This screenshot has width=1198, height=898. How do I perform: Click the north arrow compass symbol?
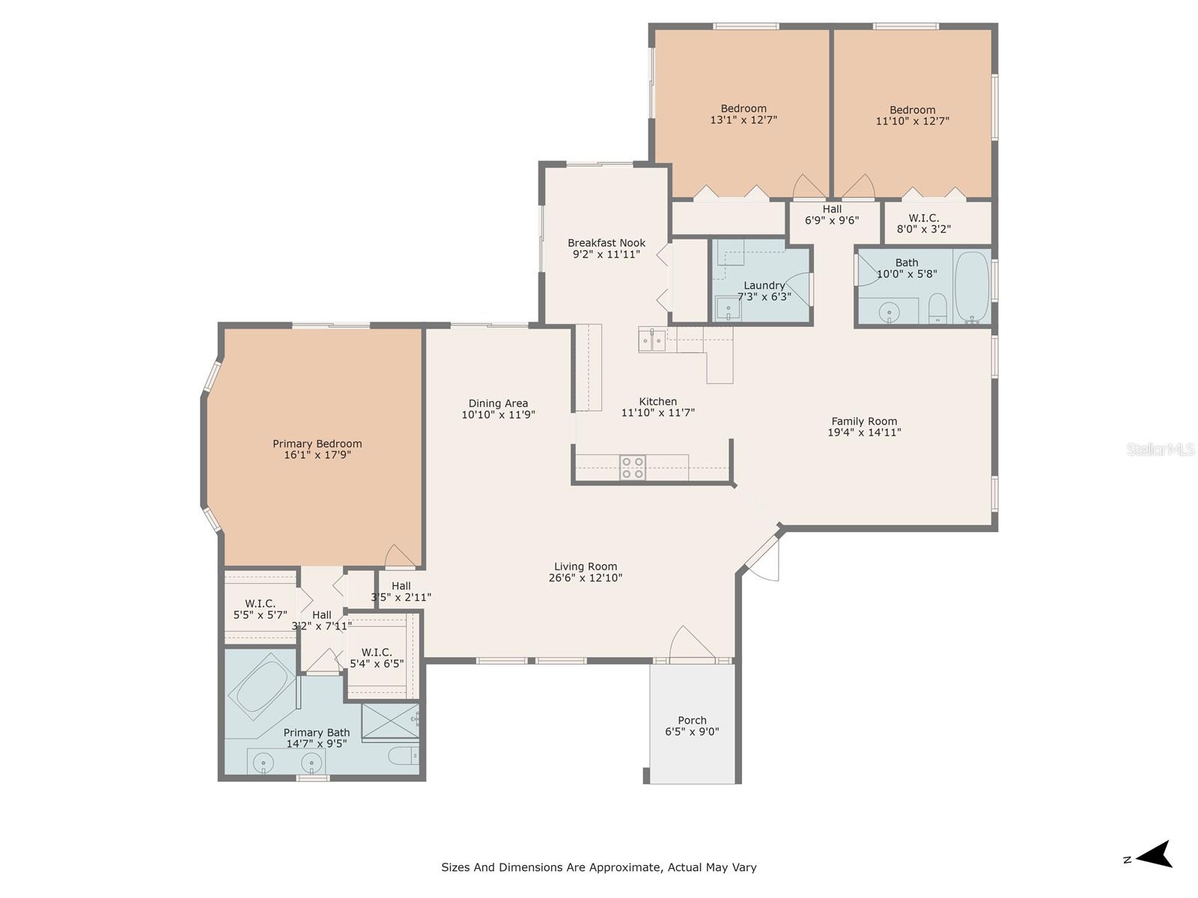(1152, 861)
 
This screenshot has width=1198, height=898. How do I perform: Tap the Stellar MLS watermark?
(1161, 449)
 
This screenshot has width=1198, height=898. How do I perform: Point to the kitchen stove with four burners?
(633, 468)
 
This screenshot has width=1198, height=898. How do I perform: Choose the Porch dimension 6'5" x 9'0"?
(692, 732)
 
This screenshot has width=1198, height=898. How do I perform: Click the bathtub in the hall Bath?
(973, 287)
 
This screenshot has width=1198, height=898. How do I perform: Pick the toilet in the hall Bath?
(937, 308)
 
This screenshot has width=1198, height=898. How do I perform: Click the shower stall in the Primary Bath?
(391, 721)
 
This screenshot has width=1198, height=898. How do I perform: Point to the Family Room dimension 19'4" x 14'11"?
(865, 433)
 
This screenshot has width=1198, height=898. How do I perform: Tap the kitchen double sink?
(652, 339)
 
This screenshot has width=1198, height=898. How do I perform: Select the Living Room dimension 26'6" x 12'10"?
(586, 578)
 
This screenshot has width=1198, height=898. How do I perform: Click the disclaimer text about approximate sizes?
(599, 867)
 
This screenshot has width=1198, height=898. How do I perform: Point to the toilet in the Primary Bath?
(404, 757)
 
